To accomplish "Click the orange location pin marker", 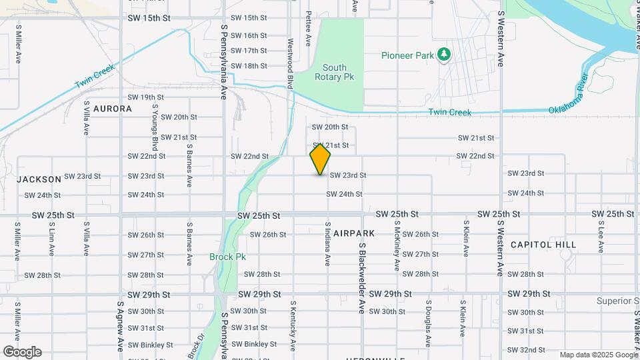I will click(x=320, y=159).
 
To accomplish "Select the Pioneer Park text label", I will click(x=407, y=55).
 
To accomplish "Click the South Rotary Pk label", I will click(x=334, y=72).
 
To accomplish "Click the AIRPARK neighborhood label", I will click(x=354, y=233).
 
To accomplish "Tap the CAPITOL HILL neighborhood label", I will click(x=543, y=245).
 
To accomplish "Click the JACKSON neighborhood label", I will click(x=39, y=179).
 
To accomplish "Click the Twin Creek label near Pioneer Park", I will click(x=449, y=112).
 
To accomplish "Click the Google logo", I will click(x=22, y=352).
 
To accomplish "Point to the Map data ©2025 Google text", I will click(x=598, y=355).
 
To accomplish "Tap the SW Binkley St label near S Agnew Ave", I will click(x=151, y=345).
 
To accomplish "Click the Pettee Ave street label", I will click(x=308, y=28).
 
